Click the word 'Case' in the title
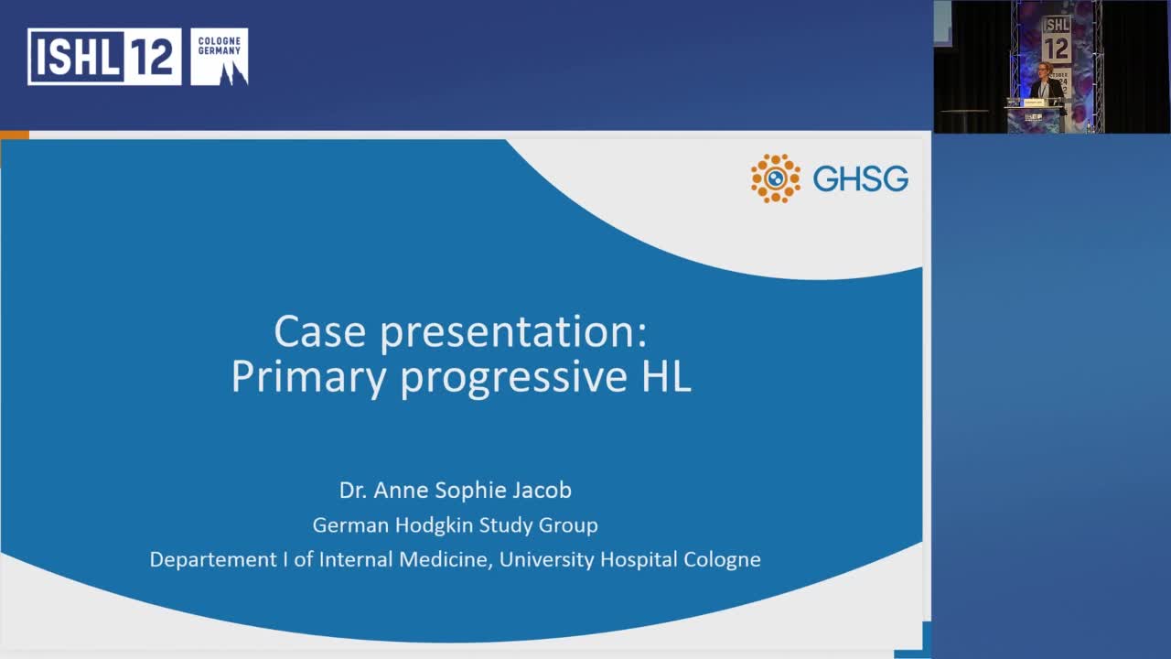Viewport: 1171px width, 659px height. tap(321, 331)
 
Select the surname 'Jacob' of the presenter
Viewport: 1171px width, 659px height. tap(539, 491)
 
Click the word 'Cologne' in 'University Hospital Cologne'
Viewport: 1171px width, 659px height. tap(722, 559)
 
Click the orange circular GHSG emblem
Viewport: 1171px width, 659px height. tap(775, 178)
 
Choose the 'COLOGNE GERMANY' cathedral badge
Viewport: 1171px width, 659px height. tap(220, 57)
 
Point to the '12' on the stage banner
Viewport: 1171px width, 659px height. tap(1056, 49)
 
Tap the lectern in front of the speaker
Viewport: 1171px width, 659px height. tap(1034, 116)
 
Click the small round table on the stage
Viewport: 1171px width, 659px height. tap(963, 113)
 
